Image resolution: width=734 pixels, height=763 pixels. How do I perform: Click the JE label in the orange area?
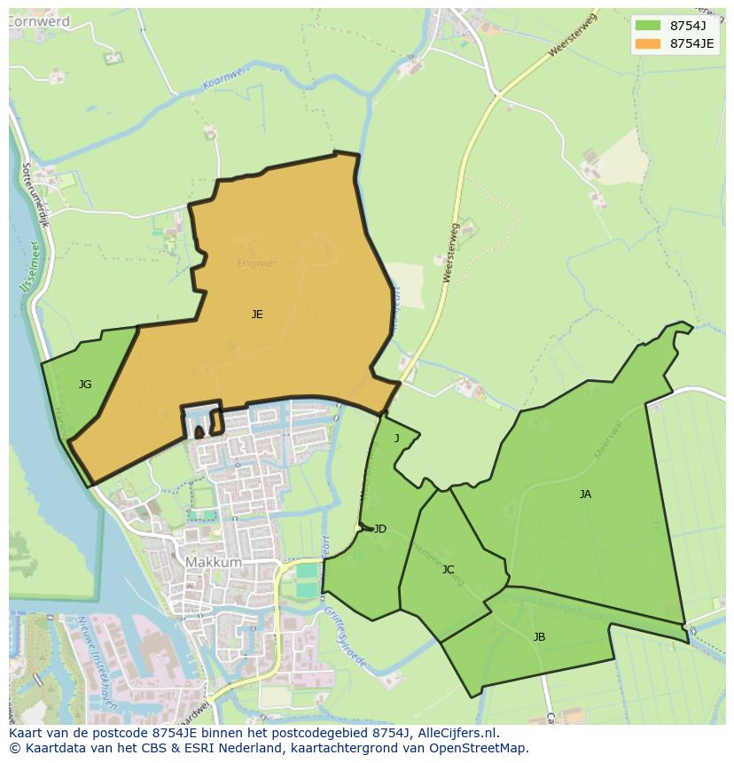point(257,315)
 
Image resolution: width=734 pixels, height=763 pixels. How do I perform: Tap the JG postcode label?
point(85,385)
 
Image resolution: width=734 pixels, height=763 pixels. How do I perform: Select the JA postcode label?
point(585,494)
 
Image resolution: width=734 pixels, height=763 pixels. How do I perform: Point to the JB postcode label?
point(539,637)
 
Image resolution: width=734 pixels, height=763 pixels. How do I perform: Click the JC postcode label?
point(448,570)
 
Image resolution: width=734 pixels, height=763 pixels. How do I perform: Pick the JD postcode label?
point(379,529)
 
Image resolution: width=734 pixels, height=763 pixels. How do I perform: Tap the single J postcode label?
point(396,439)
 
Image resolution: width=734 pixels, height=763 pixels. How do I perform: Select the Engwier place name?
point(257,263)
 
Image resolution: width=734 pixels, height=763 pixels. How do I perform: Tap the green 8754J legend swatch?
point(648,25)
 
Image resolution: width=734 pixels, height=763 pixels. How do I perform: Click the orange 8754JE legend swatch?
point(648,43)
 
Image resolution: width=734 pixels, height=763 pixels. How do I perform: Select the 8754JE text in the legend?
point(691,43)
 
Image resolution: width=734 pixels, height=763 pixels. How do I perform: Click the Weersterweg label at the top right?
point(574,36)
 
